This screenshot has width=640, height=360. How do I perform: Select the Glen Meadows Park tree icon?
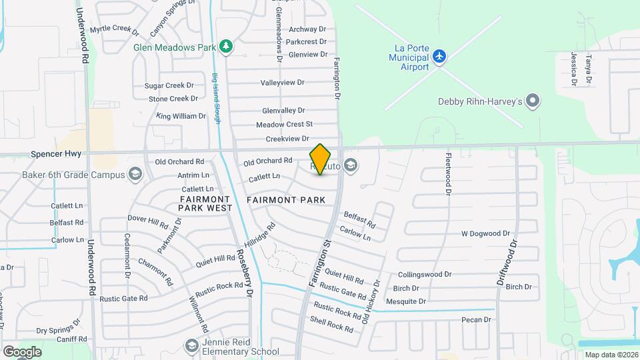227,47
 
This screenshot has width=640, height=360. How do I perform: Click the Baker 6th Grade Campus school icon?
136,175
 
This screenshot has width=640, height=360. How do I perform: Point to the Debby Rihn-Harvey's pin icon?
532,101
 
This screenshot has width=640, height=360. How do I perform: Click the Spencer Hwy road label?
56,154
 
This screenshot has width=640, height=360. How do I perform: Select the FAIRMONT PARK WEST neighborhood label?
205,204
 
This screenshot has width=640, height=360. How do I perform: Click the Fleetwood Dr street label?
449,173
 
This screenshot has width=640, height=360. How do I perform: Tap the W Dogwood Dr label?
485,234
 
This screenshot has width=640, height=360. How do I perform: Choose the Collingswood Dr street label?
425,274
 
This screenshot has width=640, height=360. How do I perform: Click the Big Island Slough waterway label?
217,97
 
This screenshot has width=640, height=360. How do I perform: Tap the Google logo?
22,351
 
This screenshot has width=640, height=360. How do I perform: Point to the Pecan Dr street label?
476,320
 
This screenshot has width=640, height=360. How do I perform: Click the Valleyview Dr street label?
282,83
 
